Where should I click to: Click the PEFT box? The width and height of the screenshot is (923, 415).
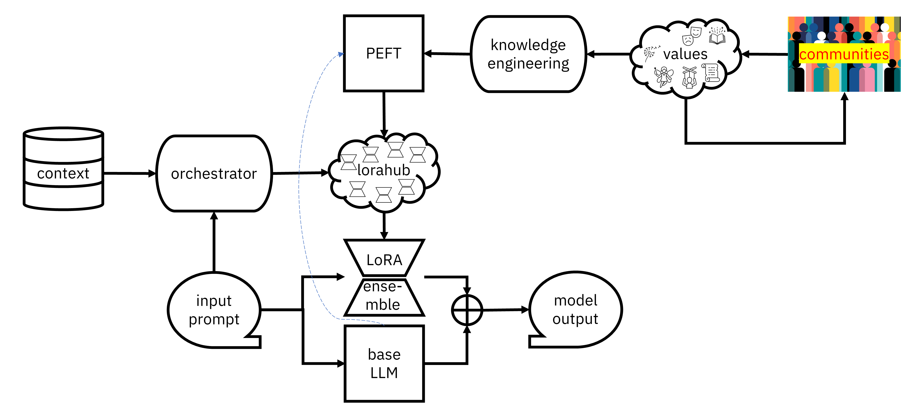click(x=383, y=53)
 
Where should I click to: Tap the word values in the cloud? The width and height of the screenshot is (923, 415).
click(x=685, y=54)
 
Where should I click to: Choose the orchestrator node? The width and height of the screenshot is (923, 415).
click(x=214, y=174)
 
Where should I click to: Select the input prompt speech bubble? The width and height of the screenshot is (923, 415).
click(x=214, y=310)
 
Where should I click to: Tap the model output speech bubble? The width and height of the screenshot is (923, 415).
click(x=575, y=310)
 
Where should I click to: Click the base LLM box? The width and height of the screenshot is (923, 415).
click(x=384, y=363)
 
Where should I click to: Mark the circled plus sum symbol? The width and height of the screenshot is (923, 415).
click(x=467, y=310)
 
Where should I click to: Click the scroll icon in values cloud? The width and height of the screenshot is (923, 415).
click(x=711, y=73)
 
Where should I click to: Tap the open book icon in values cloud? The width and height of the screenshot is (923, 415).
click(x=717, y=36)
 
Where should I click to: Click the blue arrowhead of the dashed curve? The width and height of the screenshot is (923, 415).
click(x=340, y=54)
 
